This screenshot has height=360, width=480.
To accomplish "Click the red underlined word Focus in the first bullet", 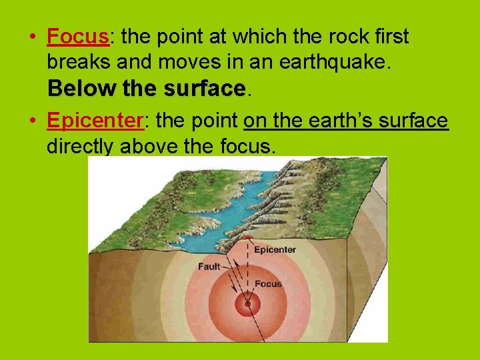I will (x=78, y=37).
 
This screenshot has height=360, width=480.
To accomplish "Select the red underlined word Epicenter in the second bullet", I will (x=95, y=120).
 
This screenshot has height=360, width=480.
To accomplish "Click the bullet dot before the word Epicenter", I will (x=33, y=121).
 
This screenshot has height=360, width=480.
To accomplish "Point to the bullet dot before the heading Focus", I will (x=33, y=37).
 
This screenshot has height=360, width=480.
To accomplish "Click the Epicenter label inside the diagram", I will (x=275, y=250).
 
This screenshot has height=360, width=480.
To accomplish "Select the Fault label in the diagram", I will (x=209, y=267).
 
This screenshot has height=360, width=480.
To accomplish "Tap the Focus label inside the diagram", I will (x=269, y=284).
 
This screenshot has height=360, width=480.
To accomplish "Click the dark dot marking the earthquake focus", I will (x=247, y=304).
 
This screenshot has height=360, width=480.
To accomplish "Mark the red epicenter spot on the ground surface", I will (x=247, y=239).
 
